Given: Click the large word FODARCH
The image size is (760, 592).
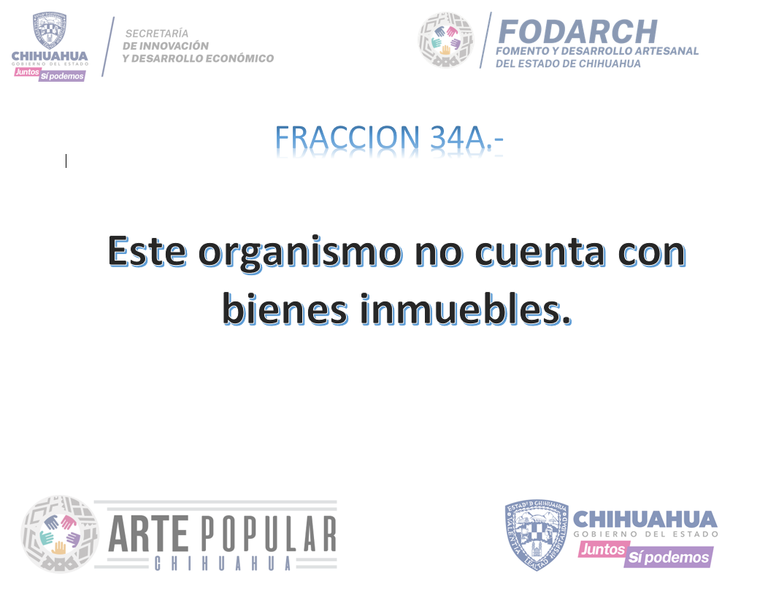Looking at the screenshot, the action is [577, 32].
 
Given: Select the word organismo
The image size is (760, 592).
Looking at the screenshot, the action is [300, 253].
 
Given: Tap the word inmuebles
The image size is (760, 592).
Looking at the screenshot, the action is [466, 309].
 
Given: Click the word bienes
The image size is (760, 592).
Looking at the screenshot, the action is [285, 309].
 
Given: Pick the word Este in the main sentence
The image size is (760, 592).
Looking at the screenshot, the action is [147, 251].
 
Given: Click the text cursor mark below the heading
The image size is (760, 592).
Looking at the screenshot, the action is [66, 161].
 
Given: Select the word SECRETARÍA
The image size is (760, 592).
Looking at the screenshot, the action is [156, 34].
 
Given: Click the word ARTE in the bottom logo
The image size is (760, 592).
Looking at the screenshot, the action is [148, 534].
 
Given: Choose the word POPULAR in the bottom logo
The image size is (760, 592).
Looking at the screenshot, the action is [269, 534].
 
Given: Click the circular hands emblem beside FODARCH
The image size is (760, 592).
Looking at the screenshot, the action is [446, 39].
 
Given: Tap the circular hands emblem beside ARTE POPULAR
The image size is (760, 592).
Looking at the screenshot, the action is [60, 534].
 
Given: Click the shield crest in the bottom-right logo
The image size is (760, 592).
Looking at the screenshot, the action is [537, 535].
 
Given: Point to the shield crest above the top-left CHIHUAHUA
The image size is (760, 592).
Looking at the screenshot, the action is [50, 30].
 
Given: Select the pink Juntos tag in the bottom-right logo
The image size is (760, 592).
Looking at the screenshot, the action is [602, 550].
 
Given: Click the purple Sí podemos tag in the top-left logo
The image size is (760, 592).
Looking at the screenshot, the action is [62, 76].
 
